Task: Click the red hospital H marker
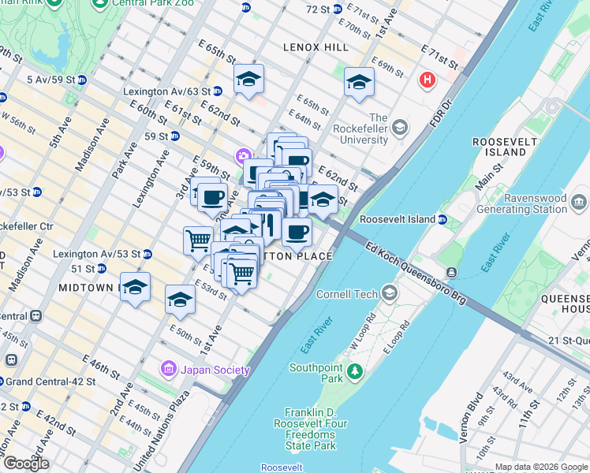tap(428, 80)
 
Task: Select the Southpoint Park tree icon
tap(355, 370)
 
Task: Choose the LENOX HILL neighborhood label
tap(316, 47)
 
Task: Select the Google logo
tap(26, 463)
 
